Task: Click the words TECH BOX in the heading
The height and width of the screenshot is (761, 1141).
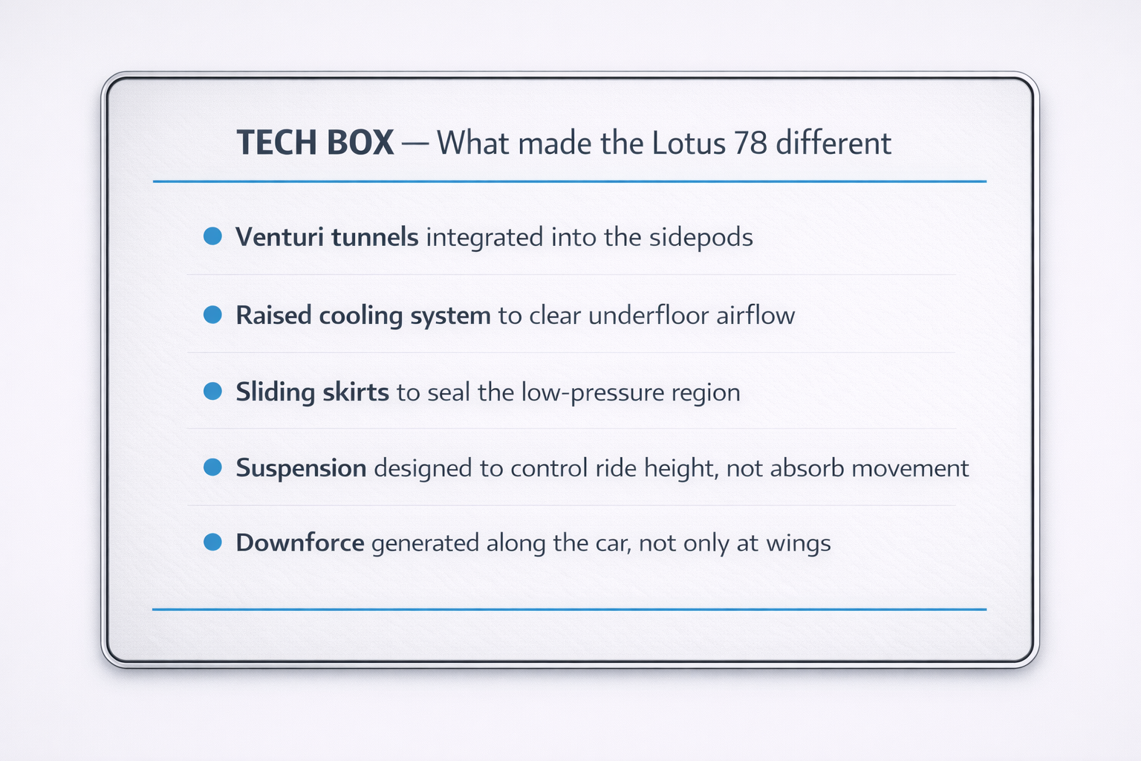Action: (x=315, y=143)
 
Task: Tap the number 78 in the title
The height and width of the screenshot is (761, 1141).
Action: (x=750, y=143)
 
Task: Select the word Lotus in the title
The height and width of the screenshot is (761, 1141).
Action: (x=689, y=143)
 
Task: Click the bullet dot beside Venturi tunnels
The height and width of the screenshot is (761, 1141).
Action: (x=212, y=236)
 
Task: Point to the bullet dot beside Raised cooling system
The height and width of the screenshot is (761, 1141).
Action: (x=212, y=314)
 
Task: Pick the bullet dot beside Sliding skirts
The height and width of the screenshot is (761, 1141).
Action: (x=212, y=391)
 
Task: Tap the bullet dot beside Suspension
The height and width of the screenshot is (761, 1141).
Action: (x=212, y=467)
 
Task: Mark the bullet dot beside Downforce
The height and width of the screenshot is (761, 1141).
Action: (x=212, y=542)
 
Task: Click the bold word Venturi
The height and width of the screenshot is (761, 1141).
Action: (x=279, y=237)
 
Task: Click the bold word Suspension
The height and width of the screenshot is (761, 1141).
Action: (x=301, y=468)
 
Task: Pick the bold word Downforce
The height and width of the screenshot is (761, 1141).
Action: (x=300, y=543)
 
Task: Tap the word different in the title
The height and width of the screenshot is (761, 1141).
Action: (x=833, y=143)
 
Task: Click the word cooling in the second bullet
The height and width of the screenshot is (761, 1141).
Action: (x=361, y=316)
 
